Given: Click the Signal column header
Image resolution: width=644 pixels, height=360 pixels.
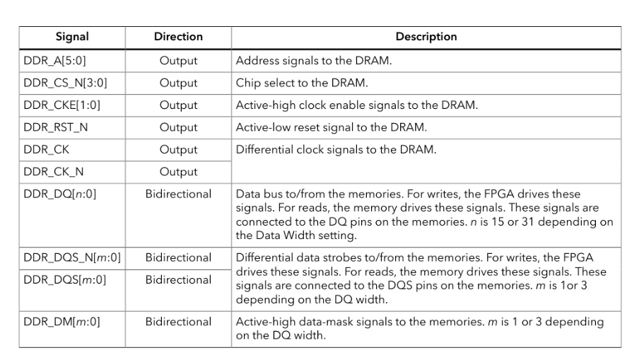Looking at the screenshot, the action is (x=72, y=37).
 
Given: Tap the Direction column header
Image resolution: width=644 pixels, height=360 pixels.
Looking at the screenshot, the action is (x=178, y=37).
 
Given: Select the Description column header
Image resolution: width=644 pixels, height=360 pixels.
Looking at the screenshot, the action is (x=426, y=37).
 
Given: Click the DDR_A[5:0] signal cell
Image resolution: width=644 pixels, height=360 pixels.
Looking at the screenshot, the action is (x=54, y=61).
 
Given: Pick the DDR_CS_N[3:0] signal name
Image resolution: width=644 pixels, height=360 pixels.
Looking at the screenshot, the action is (x=65, y=83).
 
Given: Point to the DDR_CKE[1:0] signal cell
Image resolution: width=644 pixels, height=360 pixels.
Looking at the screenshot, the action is (x=62, y=105).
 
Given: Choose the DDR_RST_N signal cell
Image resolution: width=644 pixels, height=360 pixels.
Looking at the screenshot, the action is (x=55, y=127).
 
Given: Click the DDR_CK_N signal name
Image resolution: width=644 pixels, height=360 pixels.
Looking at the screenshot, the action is (x=54, y=172).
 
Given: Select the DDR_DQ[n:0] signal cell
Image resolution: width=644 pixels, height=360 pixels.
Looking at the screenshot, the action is (x=60, y=194).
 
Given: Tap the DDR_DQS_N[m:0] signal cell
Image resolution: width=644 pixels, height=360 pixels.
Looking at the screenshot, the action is (x=72, y=257).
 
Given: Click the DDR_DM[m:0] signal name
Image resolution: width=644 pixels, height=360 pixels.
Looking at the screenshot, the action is (x=62, y=322).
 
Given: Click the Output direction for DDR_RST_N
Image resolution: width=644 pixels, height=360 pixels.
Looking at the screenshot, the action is (x=178, y=127).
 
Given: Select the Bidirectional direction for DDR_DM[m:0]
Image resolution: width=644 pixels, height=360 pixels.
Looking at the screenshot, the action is (x=178, y=322).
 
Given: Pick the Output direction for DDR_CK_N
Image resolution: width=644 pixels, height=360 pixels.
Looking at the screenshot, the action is (x=178, y=172).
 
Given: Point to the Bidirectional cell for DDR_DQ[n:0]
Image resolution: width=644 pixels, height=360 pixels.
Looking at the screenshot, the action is (x=178, y=194).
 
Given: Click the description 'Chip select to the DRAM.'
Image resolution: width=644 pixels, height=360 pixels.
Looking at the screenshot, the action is (x=302, y=83).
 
